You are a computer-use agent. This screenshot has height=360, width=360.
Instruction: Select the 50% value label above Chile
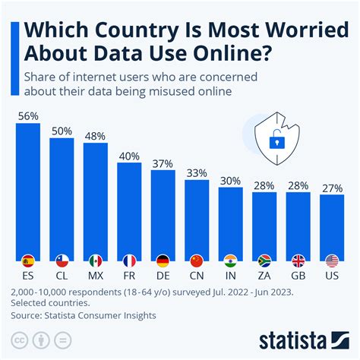pyautogui.click(x=62, y=131)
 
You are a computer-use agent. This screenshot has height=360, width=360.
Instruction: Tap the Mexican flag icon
pyautogui.click(x=96, y=261)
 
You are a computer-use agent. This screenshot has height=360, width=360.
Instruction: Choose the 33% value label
pyautogui.click(x=197, y=172)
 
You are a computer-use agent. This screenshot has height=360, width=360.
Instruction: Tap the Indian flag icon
pyautogui.click(x=230, y=261)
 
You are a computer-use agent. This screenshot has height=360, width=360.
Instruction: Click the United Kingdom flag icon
pyautogui.click(x=298, y=261)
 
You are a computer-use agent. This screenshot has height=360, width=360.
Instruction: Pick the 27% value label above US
pyautogui.click(x=332, y=188)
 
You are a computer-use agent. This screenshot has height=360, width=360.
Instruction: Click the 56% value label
pyautogui.click(x=28, y=116)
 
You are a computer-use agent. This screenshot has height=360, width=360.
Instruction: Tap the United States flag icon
pyautogui.click(x=332, y=261)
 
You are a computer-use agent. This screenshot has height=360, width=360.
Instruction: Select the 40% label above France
pyautogui.click(x=129, y=156)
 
